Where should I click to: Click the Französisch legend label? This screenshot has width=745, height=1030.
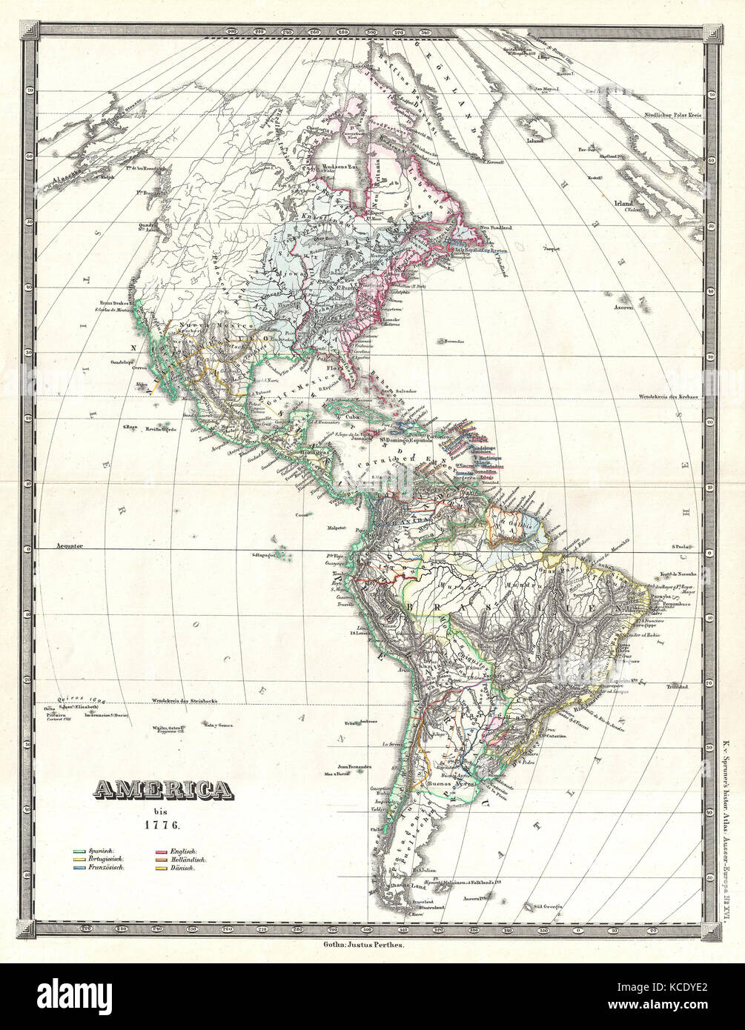click(107, 866)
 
